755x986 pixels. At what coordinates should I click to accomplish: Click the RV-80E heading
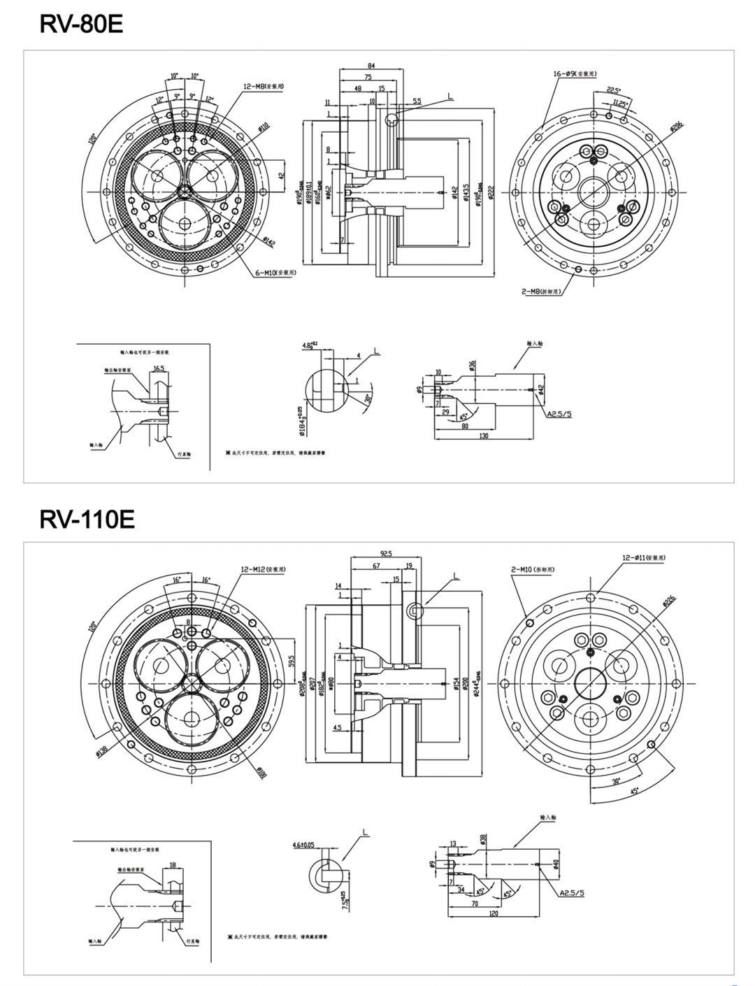tap(82, 24)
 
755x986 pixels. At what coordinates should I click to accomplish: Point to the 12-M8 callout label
tap(264, 86)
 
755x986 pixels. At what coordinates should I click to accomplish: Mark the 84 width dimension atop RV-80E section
tap(371, 65)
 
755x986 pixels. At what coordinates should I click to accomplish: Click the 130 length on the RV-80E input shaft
tap(484, 436)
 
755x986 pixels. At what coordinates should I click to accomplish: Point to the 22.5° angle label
tap(613, 90)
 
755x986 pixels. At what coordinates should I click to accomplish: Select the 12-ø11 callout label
tap(644, 558)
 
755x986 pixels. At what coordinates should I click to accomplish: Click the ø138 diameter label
tap(103, 750)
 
